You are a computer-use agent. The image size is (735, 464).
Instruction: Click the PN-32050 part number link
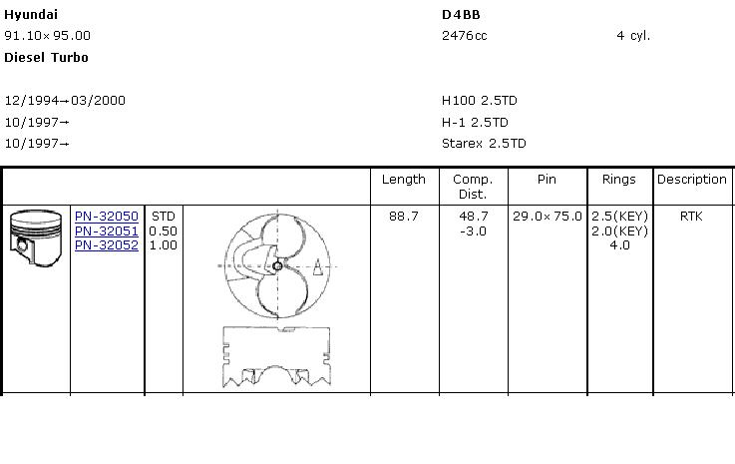point(106,217)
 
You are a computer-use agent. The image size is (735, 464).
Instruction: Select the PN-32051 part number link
point(106,231)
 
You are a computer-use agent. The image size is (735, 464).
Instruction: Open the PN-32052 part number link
point(106,244)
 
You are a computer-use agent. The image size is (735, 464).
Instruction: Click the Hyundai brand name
point(31,15)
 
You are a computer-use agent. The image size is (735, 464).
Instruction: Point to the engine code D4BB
point(461,15)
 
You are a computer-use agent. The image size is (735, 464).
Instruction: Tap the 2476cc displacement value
point(465,36)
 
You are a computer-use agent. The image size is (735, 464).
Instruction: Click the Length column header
point(404,180)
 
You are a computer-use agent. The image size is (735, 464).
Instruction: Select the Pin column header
point(547,180)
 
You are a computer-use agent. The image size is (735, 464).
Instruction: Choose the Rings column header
point(619,180)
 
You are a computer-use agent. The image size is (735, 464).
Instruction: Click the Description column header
point(691,180)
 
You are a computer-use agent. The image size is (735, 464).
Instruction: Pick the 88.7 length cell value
point(404,217)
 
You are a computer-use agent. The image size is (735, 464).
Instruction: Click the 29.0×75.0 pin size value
point(547,217)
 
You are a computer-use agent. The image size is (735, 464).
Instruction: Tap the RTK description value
point(691,217)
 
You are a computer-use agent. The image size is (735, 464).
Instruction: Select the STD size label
point(163,217)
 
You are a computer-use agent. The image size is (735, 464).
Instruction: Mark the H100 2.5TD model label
point(480,101)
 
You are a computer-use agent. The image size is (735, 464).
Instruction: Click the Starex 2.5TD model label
point(484,144)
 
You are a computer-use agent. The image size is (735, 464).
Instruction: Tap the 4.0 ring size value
point(619,244)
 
